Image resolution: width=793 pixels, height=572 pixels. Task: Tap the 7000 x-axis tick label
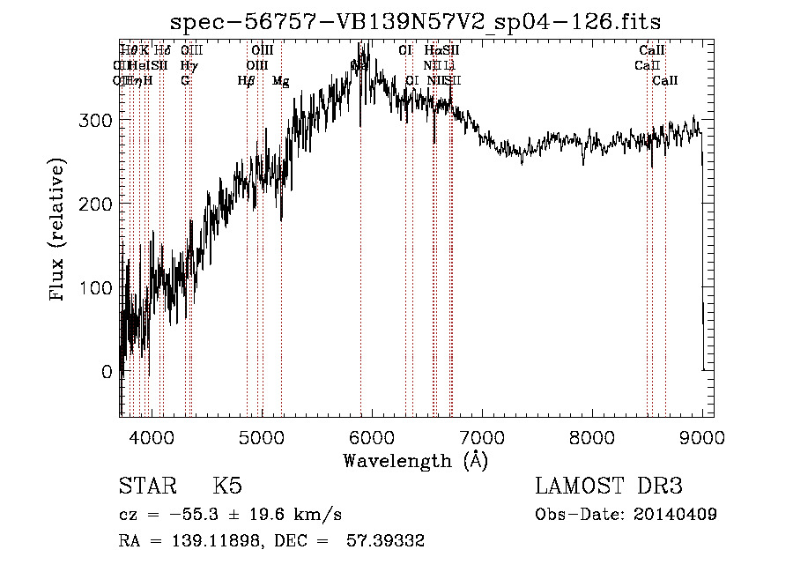[x=482, y=435]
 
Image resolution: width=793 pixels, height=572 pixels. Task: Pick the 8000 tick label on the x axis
[x=592, y=435]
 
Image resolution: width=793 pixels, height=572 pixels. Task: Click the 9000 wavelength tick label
[x=702, y=435]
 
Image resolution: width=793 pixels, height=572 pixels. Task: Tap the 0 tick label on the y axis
[x=107, y=372]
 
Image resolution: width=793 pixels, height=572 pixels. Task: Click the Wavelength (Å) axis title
[x=416, y=460]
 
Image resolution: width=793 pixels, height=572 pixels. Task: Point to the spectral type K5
[x=227, y=487]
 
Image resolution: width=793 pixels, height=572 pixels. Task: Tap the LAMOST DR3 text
[x=608, y=487]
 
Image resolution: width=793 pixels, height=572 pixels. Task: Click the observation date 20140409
[x=672, y=515]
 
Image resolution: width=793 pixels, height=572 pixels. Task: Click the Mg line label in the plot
[x=280, y=81]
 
